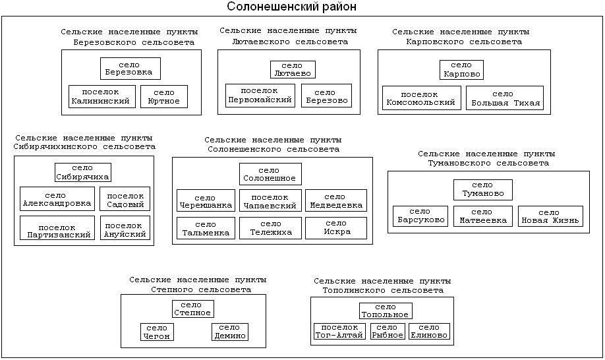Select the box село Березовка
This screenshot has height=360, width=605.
tap(130, 69)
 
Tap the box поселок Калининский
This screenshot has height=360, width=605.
tap(101, 97)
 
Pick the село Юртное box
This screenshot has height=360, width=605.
tap(163, 97)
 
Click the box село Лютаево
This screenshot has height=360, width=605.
tap(292, 70)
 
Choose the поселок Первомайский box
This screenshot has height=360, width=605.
tap(259, 96)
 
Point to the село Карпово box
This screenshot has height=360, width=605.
tap(461, 70)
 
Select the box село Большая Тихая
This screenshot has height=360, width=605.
tap(504, 98)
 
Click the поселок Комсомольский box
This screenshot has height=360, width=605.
tap(421, 98)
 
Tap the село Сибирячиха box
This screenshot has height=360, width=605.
tap(82, 172)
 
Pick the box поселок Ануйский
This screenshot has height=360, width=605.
tap(125, 228)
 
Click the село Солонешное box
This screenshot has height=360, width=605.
tap(270, 174)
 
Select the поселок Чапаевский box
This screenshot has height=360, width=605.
tap(270, 200)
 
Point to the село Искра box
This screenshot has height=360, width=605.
tap(336, 228)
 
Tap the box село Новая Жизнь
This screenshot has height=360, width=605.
tap(550, 216)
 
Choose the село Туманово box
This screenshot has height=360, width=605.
tap(482, 190)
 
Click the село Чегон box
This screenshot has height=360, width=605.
tap(157, 332)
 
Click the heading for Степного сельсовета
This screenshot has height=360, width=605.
tap(198, 284)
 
